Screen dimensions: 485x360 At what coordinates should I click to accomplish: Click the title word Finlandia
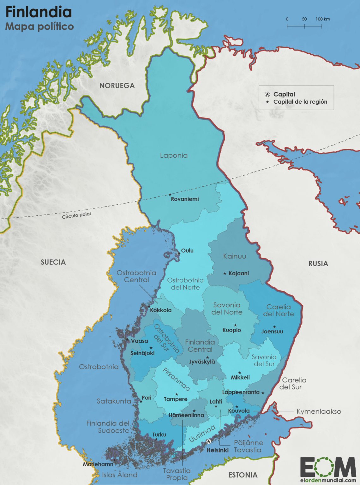point(39,12)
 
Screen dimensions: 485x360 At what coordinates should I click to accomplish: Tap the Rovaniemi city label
point(185,199)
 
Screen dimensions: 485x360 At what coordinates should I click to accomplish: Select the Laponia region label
point(174,155)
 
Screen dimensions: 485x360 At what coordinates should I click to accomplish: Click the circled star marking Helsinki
point(208,441)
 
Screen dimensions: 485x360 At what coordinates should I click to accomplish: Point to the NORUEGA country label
point(117,86)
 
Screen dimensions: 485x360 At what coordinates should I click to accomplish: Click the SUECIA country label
point(53,262)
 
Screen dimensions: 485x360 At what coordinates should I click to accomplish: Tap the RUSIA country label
point(318,264)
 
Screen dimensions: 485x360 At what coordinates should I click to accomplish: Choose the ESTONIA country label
point(243,475)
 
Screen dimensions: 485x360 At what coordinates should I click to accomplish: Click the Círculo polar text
point(76,215)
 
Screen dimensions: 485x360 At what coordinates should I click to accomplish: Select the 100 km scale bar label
point(322,19)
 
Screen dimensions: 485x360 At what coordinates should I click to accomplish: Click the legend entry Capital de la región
point(300,102)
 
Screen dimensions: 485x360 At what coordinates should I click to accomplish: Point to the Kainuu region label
point(234,256)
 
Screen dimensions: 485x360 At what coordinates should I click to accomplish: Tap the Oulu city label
point(187,250)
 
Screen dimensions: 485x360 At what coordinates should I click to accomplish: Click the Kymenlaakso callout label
point(319,411)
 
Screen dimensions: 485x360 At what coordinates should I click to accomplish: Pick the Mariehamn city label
point(98,464)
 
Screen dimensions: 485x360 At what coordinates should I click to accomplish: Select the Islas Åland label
point(120,475)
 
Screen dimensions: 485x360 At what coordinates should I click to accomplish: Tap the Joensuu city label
point(272,332)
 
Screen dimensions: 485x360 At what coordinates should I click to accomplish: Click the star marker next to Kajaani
point(225,273)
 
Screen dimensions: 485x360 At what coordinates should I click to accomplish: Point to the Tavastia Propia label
point(177,474)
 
